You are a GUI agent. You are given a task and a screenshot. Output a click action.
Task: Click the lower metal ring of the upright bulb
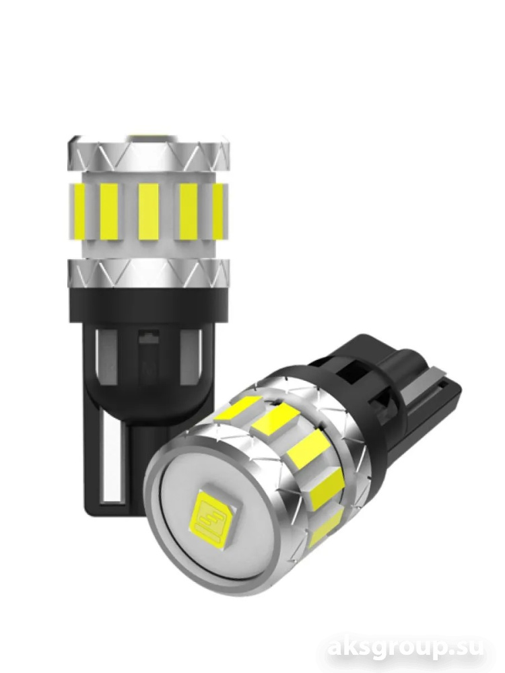point(149,273)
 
